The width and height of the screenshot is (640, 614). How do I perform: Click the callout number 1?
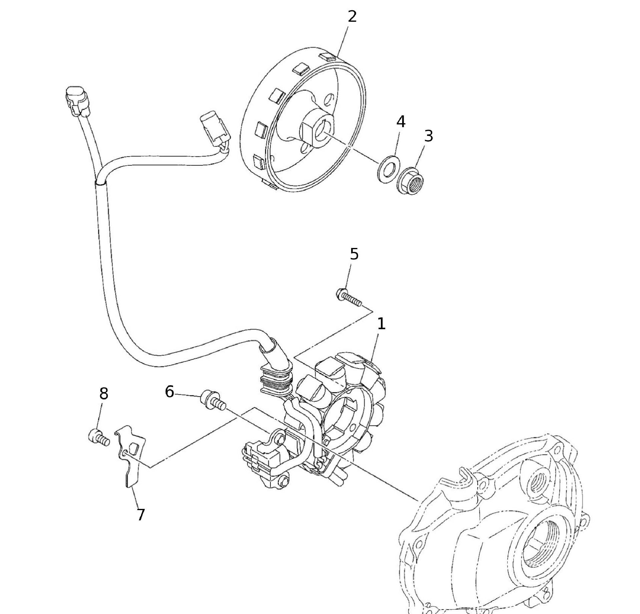[x=381, y=324]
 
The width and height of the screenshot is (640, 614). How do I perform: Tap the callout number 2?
[x=352, y=17]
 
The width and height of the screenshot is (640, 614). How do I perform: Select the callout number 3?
[x=428, y=136]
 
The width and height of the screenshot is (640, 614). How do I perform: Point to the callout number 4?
[x=401, y=122]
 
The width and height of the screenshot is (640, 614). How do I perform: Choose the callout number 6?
[x=169, y=392]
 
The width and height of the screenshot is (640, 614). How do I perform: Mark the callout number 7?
[x=141, y=515]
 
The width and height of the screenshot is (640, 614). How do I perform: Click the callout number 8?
[x=104, y=394]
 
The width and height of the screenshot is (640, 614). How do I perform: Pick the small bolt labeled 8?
[x=98, y=438]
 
